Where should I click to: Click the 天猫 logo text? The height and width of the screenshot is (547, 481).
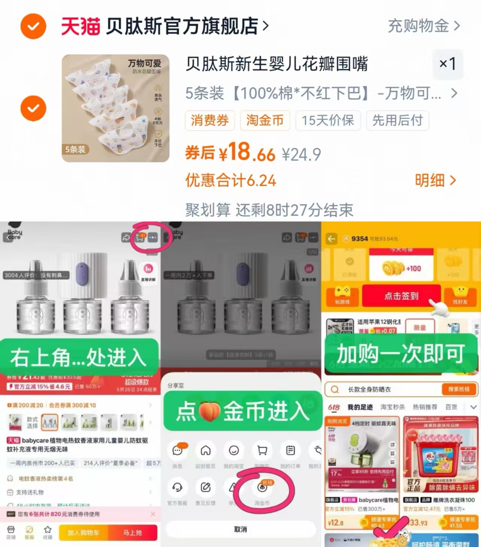(x=80, y=26)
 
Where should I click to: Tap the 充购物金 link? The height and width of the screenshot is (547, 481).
(x=423, y=26)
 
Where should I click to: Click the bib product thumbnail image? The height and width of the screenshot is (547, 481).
(x=115, y=108)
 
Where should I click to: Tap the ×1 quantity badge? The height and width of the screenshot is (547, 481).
(x=448, y=64)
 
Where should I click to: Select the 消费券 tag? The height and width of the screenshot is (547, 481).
(x=209, y=120)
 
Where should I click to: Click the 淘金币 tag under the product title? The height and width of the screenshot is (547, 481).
(x=265, y=120)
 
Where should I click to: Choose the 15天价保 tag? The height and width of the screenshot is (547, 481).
(x=328, y=120)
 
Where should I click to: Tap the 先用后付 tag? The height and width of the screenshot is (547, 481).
(x=398, y=120)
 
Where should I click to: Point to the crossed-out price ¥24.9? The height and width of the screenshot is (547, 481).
(x=301, y=154)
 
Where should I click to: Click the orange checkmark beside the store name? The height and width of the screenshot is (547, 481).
(x=33, y=26)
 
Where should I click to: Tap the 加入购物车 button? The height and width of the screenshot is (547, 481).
(x=83, y=533)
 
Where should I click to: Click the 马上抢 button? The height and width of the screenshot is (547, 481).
(x=132, y=533)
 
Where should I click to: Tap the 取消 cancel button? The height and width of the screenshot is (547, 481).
(x=241, y=529)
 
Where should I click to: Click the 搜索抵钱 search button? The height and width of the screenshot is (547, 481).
(x=458, y=389)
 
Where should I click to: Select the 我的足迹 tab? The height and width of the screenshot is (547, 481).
(x=360, y=407)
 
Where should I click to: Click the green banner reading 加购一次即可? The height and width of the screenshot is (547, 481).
(x=401, y=354)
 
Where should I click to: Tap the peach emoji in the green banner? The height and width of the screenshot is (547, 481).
(x=209, y=411)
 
